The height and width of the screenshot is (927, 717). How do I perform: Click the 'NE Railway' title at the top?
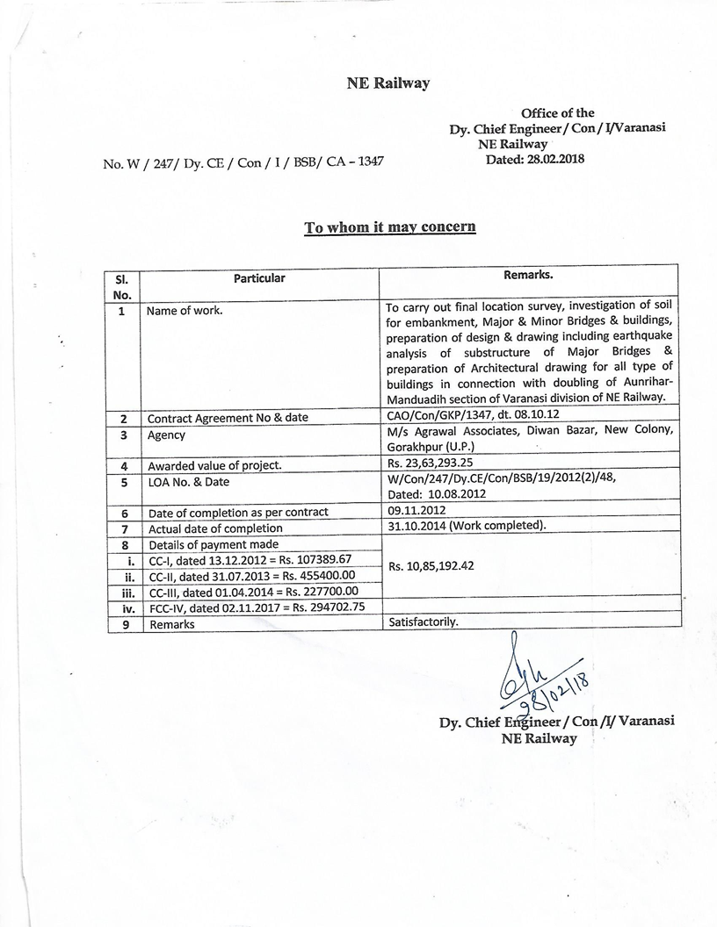[387, 83]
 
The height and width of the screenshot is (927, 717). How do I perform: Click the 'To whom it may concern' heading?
[390, 227]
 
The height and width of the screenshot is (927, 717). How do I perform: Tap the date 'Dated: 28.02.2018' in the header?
[534, 159]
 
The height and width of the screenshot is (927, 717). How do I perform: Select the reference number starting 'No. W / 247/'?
[243, 162]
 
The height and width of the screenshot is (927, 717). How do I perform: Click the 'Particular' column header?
[259, 278]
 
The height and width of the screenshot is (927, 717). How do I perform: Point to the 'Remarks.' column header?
[528, 276]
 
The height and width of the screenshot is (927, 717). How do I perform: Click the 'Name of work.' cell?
[185, 311]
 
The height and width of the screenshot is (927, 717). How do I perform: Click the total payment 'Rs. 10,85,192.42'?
[431, 566]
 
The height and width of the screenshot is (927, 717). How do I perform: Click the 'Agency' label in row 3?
[165, 435]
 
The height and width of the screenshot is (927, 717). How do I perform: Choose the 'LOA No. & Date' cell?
[188, 482]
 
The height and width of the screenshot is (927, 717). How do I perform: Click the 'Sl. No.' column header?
[123, 286]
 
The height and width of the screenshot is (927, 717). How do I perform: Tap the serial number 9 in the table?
[124, 624]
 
